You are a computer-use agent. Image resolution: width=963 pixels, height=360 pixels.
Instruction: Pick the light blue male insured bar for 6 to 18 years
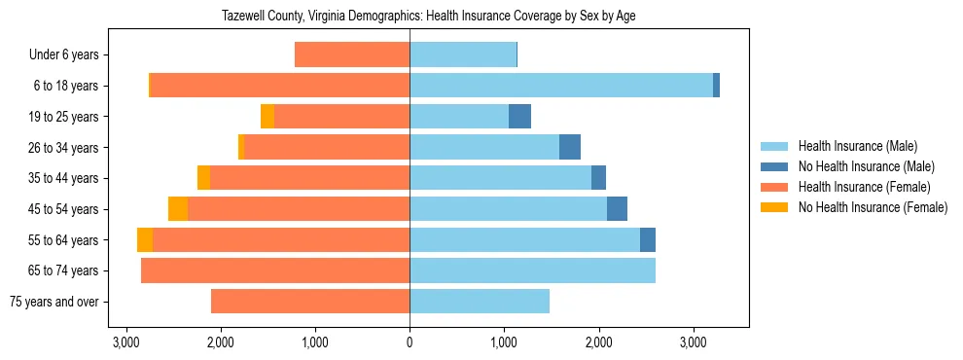561,86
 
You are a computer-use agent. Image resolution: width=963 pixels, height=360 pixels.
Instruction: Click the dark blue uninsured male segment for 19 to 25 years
519,117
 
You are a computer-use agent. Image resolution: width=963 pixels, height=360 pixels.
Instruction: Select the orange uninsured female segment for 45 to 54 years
178,209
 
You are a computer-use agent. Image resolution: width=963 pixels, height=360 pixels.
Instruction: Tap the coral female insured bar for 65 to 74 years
275,270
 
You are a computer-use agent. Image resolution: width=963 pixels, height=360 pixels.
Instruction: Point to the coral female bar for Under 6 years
352,55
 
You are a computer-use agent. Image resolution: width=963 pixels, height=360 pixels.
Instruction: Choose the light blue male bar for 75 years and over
480,302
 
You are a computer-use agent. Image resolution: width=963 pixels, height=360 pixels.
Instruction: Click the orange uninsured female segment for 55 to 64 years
145,240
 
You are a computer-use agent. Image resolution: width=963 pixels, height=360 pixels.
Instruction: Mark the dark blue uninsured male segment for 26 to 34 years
570,148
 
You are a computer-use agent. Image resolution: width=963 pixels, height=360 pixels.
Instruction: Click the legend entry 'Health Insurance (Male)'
857,146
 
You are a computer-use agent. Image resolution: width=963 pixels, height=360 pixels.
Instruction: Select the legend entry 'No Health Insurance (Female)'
873,207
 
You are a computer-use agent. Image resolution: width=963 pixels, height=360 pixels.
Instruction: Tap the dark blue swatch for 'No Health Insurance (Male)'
775,166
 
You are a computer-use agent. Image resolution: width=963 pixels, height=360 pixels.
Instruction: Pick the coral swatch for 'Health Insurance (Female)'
775,187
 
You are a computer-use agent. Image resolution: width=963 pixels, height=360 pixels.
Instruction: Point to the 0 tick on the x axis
410,342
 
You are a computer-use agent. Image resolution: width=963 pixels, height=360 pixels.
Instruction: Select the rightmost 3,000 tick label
693,342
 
